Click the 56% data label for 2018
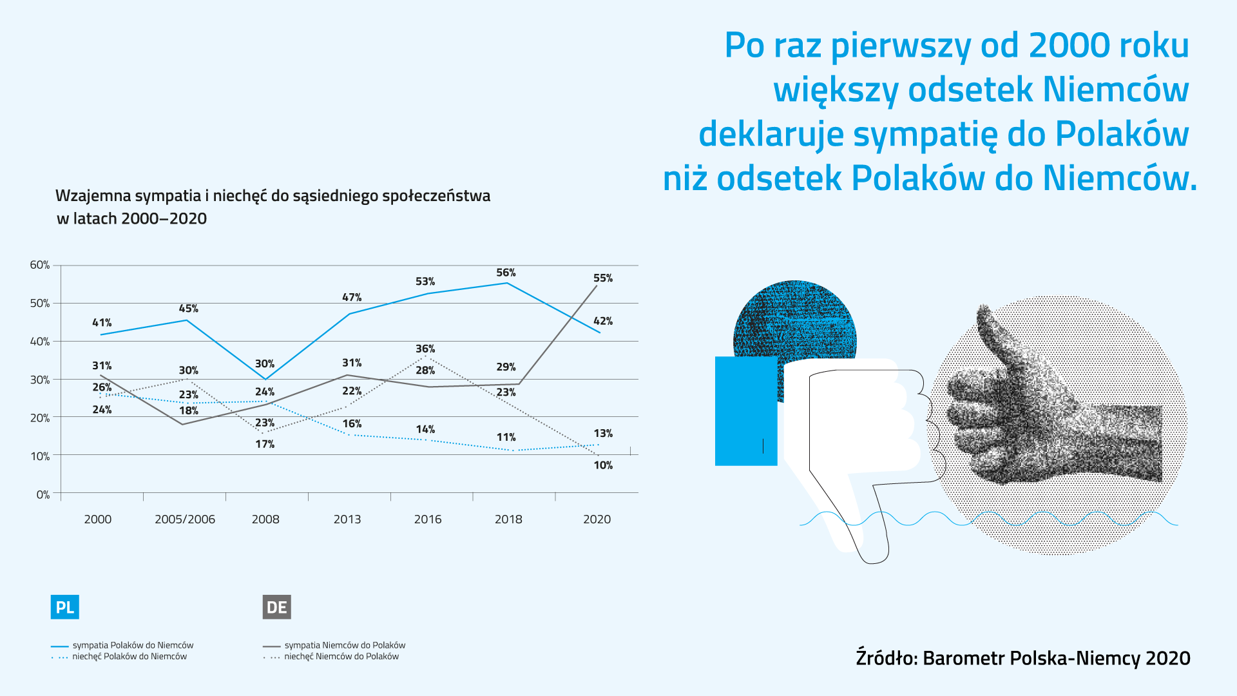[506, 273]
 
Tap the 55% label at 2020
[602, 278]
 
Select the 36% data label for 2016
[425, 349]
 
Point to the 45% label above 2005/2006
[188, 309]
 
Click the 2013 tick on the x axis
[347, 519]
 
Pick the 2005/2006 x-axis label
[185, 519]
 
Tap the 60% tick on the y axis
[40, 265]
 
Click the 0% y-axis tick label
[43, 494]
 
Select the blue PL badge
[64, 607]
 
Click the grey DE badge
[276, 607]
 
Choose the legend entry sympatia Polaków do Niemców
[133, 645]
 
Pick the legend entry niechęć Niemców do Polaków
[341, 657]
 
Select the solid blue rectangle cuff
[746, 411]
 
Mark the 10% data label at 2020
[603, 465]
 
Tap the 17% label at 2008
[265, 444]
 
